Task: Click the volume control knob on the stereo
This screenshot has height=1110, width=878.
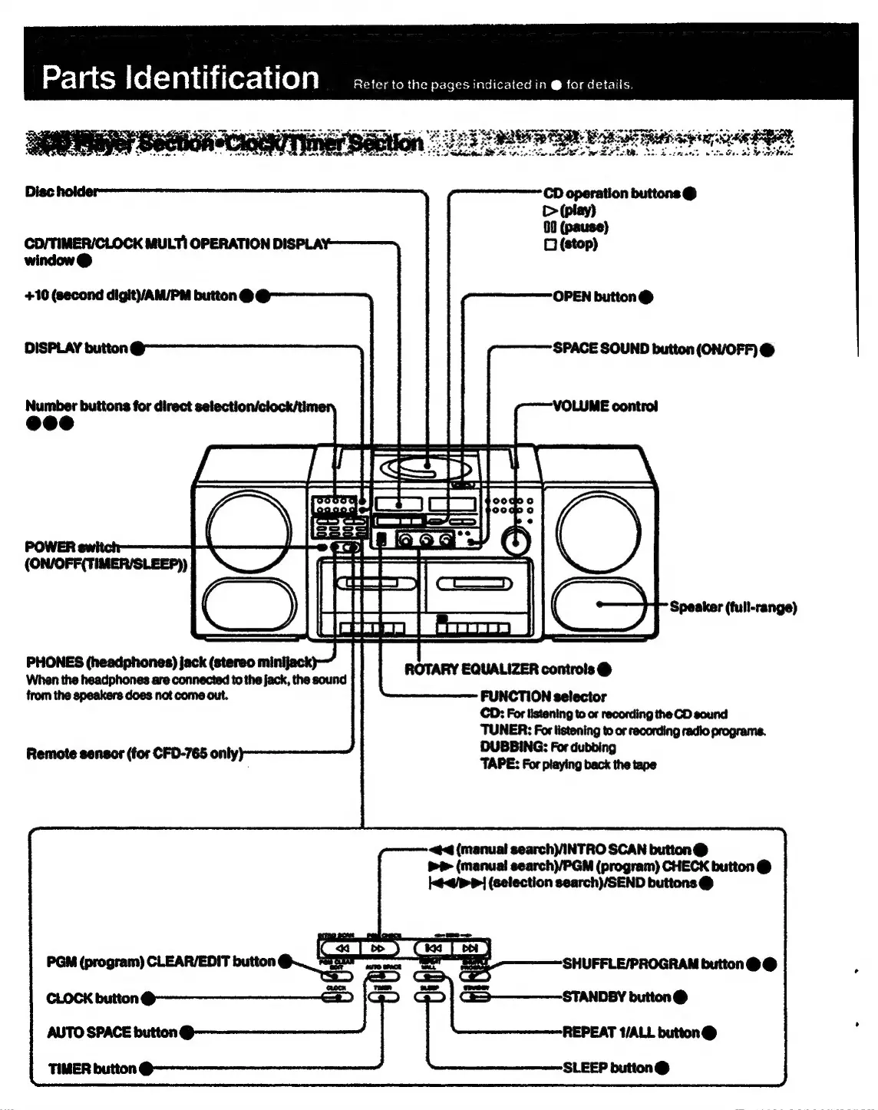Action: pos(515,542)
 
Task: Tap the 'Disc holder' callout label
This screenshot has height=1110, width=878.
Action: pos(61,192)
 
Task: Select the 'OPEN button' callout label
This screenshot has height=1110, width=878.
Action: pos(595,297)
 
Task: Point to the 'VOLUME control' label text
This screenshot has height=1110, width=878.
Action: pos(605,406)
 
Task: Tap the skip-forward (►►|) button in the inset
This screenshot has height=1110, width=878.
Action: pos(470,950)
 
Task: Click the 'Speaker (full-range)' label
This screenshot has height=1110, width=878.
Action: pos(733,607)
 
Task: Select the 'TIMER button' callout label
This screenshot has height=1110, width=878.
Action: pos(92,1069)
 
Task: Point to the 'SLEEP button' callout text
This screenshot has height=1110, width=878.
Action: pos(608,1068)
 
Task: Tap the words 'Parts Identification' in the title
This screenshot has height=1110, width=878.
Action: pos(180,78)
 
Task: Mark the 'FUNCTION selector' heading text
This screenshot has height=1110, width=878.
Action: pos(543,697)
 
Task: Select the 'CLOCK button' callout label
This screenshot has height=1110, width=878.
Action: pos(92,999)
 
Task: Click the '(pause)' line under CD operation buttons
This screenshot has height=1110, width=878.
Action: pos(576,227)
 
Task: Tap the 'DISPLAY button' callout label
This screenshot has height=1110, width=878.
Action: pos(76,349)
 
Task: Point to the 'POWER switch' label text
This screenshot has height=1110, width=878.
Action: pos(72,547)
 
